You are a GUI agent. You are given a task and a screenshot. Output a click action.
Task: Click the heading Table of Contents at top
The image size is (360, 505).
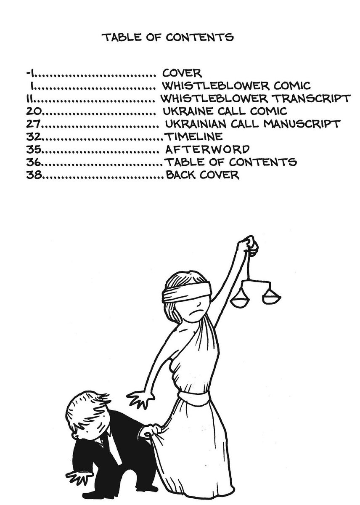tap(167, 37)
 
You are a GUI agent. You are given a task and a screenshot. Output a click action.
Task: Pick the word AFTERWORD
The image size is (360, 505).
tap(208, 149)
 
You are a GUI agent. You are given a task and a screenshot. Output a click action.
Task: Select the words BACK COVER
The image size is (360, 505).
tap(202, 175)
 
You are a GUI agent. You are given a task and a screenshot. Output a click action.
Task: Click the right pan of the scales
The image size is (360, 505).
tap(271, 298)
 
